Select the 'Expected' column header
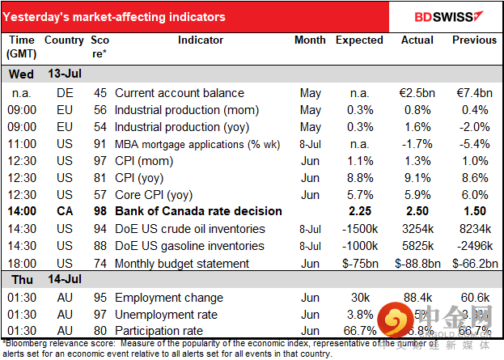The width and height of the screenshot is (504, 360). [x=360, y=40]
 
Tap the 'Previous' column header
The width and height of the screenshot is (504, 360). [x=474, y=40]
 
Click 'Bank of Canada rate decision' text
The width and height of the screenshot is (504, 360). [x=198, y=211]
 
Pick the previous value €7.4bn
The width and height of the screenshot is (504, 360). [x=474, y=93]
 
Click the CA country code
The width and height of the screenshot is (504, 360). [x=64, y=211]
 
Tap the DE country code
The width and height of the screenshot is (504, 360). [x=64, y=93]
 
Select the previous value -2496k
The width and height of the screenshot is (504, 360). [x=474, y=245]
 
